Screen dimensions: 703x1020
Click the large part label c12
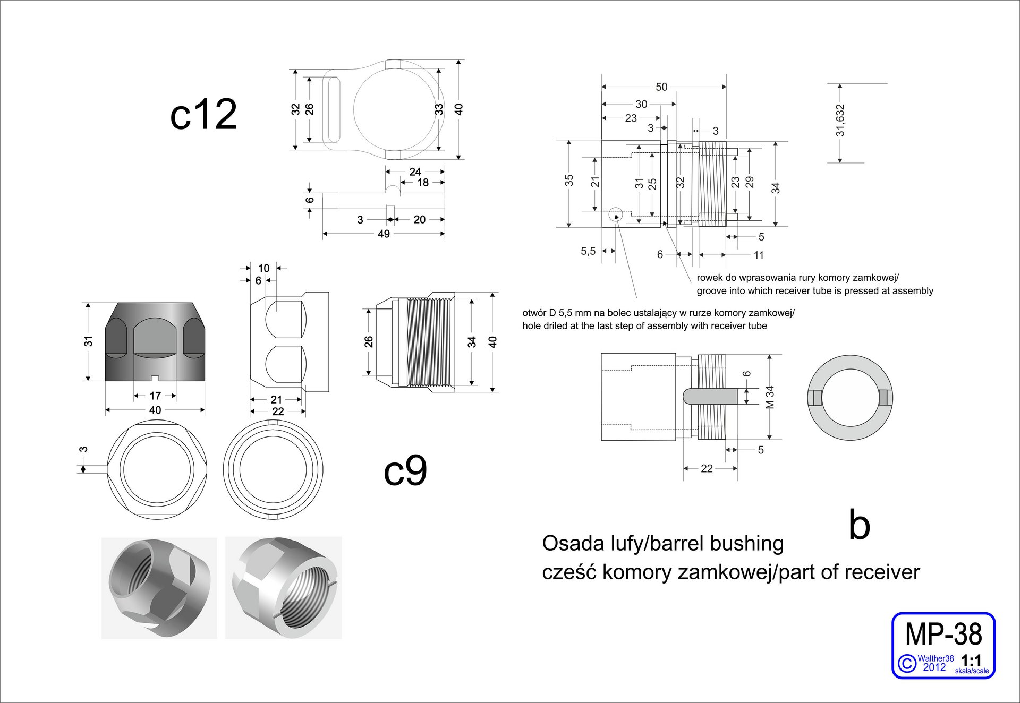tap(203, 114)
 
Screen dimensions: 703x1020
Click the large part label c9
tap(405, 470)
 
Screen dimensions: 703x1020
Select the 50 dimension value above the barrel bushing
tap(661, 87)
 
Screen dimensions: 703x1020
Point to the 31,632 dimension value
tap(840, 121)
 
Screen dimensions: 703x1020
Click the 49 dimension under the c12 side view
tap(384, 234)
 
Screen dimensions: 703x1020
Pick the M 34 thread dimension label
tap(770, 397)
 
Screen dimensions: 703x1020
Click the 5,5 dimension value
tap(588, 251)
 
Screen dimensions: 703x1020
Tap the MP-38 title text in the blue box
tap(943, 635)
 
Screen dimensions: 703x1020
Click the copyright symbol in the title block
tap(907, 664)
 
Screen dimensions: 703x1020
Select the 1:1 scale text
tap(971, 661)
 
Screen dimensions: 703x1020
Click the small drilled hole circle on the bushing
tap(616, 216)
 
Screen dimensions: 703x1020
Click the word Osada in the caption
tap(566, 544)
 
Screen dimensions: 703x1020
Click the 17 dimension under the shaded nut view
tap(155, 396)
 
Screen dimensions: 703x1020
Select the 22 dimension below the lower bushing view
tap(707, 468)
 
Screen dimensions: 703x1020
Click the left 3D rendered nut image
tap(159, 588)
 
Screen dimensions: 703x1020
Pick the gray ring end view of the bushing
tap(850, 398)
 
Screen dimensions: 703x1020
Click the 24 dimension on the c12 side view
tap(415, 172)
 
